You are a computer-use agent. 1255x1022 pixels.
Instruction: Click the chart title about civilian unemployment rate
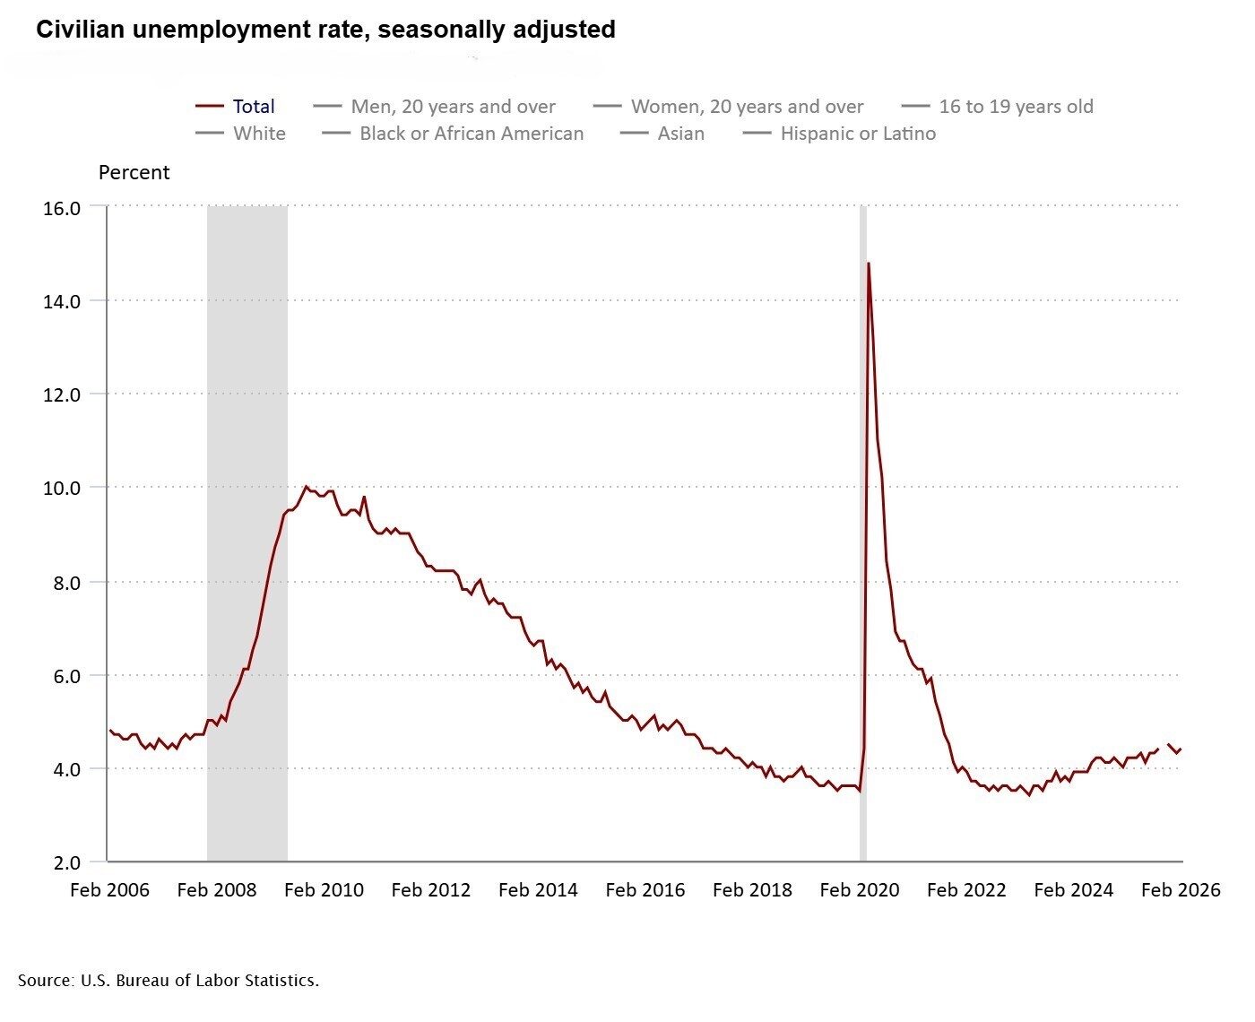coord(325,30)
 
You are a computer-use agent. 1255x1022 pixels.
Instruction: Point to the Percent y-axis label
coord(134,172)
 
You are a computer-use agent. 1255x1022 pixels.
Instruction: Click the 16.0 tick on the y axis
coord(62,208)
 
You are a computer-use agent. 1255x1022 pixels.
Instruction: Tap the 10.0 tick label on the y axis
coord(62,489)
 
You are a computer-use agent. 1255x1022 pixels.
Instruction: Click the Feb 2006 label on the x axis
coord(109,890)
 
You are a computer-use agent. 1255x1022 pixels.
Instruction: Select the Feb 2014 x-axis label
coord(538,890)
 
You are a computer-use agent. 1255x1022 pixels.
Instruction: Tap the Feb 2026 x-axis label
coord(1180,890)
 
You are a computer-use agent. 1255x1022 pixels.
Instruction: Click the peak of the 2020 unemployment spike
coord(868,264)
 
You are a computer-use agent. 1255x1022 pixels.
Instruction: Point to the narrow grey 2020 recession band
coord(863,538)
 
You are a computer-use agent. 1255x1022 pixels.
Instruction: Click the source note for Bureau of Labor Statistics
coord(169,981)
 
